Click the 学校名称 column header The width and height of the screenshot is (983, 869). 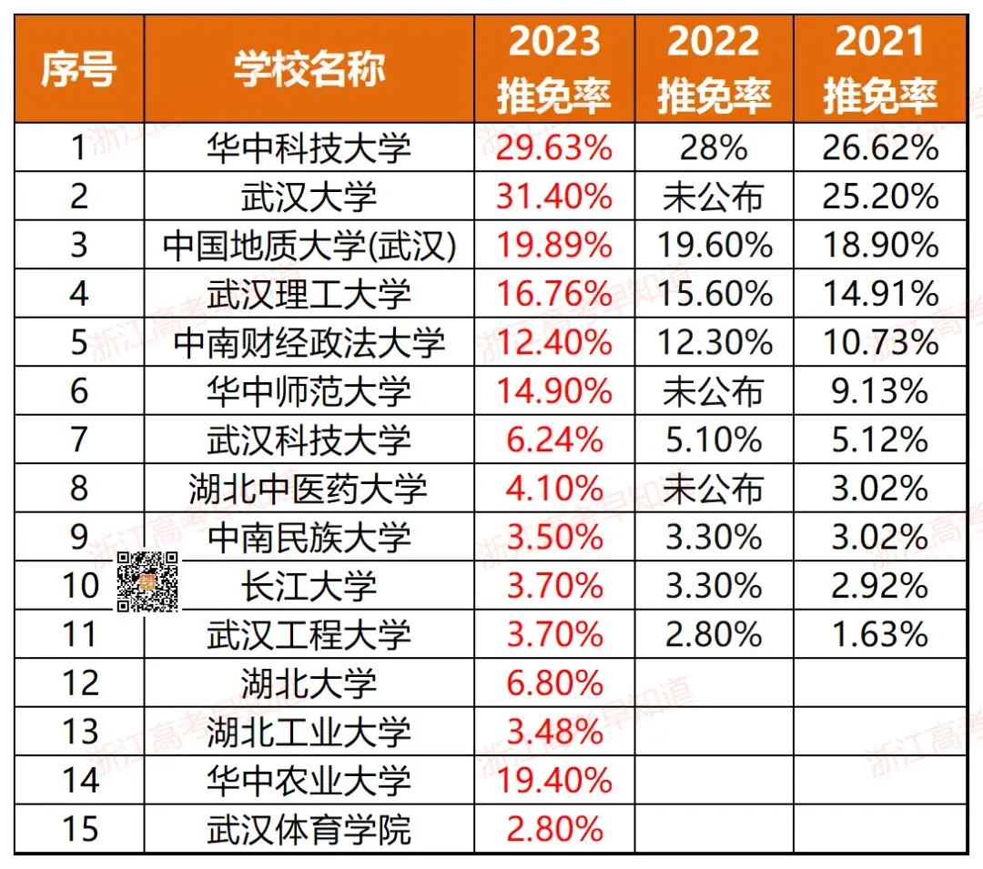[x=309, y=69]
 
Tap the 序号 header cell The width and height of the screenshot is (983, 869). [x=79, y=69]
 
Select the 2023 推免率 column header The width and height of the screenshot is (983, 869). [x=554, y=69]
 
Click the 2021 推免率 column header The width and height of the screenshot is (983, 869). [x=880, y=69]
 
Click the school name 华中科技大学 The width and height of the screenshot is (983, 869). [x=309, y=147]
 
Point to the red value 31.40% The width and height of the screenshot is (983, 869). [x=554, y=197]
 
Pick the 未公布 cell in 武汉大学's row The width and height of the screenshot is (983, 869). [x=714, y=197]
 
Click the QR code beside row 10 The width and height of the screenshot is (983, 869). [x=147, y=582]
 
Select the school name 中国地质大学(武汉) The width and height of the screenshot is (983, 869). [x=309, y=246]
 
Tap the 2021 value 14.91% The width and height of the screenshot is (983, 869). [x=880, y=294]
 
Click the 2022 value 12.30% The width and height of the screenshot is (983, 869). [x=714, y=343]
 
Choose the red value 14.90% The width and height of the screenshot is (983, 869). [x=554, y=391]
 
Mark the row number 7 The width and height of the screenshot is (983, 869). [x=79, y=440]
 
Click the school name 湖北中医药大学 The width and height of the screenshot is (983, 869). [x=309, y=490]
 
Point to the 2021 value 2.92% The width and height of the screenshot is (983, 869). [x=880, y=586]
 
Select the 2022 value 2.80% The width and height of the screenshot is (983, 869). [x=714, y=635]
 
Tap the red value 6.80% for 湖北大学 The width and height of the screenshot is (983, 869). [x=554, y=683]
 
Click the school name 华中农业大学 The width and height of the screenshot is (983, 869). [x=309, y=781]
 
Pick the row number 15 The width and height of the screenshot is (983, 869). [x=79, y=829]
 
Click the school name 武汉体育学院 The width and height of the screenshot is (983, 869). [x=309, y=829]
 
